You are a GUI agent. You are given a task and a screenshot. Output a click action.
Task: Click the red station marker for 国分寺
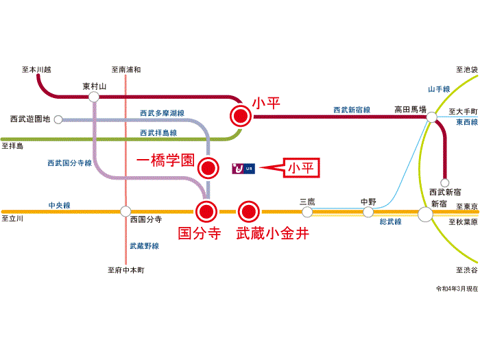[x=206, y=211]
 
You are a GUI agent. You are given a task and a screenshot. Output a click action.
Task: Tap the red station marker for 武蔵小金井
[x=248, y=211]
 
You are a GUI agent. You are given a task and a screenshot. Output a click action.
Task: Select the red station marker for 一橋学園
[x=208, y=168]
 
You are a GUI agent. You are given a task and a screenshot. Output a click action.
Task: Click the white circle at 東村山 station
[x=94, y=97]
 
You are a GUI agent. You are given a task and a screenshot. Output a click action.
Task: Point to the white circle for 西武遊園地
[x=58, y=119]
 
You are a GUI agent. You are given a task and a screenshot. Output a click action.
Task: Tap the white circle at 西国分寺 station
[x=125, y=211]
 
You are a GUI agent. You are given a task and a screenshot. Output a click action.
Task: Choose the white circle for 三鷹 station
[x=307, y=211]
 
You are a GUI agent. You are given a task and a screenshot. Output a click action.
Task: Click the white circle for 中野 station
[x=368, y=211]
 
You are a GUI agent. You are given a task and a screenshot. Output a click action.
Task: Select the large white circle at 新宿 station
[x=426, y=214]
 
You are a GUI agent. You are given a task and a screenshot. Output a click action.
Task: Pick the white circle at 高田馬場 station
[x=431, y=117]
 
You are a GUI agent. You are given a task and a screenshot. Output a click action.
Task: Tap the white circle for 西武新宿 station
[x=444, y=183]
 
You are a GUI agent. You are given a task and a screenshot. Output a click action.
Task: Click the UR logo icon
[x=243, y=169]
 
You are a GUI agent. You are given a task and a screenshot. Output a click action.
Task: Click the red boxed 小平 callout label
[x=301, y=168]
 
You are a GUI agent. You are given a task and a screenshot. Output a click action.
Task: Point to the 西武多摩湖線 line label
[x=163, y=113]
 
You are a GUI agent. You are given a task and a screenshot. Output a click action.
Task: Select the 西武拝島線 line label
[x=158, y=133]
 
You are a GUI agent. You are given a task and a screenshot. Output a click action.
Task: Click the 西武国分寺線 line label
[x=69, y=163]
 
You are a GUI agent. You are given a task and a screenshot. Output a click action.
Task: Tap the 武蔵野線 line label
[x=145, y=245]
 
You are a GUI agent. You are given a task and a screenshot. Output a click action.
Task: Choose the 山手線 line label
[x=439, y=89]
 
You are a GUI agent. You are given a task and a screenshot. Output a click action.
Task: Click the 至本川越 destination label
[x=36, y=70]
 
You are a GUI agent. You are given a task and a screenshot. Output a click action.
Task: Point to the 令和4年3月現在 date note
[x=457, y=289]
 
